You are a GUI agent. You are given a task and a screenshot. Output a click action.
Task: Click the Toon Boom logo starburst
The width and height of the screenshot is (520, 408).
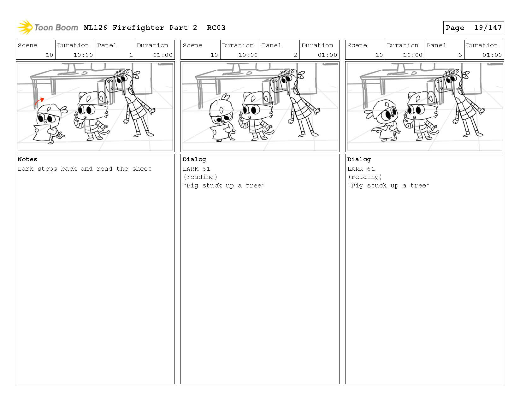tap(25, 27)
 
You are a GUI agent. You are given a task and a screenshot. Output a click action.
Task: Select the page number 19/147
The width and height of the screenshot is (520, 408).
tap(488, 27)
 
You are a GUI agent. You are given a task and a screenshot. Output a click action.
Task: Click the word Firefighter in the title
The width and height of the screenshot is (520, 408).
tap(138, 28)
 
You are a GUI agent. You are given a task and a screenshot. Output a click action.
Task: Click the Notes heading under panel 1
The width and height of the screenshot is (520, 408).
tap(27, 159)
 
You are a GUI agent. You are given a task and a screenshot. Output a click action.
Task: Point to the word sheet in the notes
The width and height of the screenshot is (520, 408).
tap(142, 169)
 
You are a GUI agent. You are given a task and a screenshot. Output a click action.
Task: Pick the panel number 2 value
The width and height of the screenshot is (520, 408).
tap(296, 55)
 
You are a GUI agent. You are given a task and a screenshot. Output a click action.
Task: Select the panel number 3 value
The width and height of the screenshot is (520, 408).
tap(460, 55)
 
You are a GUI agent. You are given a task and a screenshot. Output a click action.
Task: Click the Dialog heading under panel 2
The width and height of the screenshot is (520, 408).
tap(194, 160)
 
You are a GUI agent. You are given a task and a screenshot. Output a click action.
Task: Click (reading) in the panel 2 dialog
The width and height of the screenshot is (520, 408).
tap(200, 177)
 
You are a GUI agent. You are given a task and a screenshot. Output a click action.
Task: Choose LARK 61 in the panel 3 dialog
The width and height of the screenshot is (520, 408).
tap(361, 169)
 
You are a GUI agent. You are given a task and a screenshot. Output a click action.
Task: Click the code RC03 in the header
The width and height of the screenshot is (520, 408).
tap(216, 28)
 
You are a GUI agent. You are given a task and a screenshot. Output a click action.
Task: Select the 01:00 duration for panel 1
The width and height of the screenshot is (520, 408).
tap(163, 55)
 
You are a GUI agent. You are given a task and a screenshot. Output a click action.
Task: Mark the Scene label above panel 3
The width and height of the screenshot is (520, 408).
tap(357, 45)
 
